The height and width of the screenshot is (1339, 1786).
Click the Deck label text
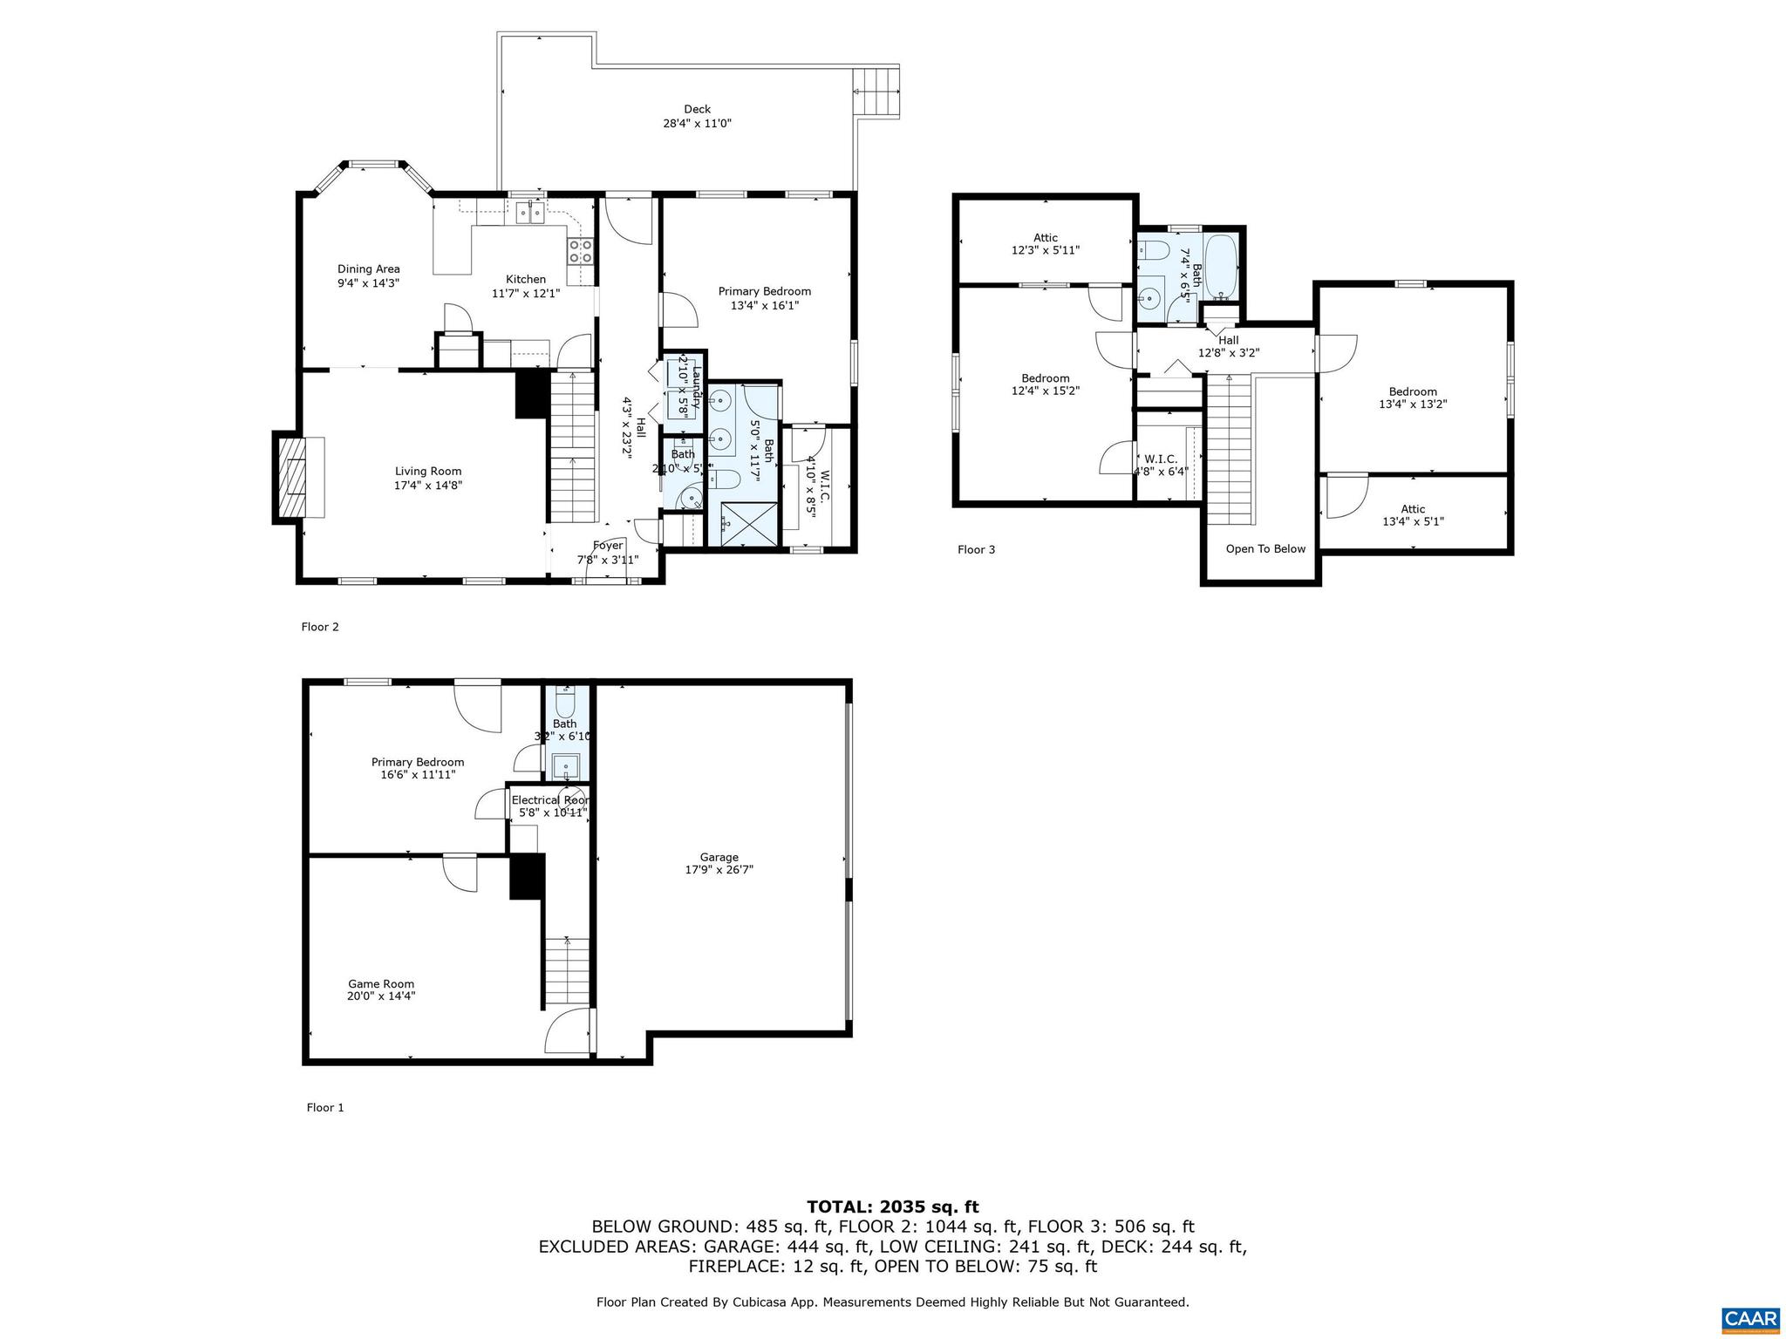(697, 109)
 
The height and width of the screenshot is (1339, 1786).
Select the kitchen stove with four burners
(581, 252)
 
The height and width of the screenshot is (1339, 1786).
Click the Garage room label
(719, 857)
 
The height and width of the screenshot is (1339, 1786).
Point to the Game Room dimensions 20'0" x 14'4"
(381, 996)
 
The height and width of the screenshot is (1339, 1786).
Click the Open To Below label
(1265, 548)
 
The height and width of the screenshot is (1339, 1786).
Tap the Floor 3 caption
(976, 549)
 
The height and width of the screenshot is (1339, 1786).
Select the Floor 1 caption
(325, 1107)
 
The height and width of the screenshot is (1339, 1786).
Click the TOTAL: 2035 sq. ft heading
(892, 1206)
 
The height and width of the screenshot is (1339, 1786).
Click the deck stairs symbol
(876, 92)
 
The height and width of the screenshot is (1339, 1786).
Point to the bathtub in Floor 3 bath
(1221, 266)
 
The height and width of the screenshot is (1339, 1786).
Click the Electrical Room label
(550, 800)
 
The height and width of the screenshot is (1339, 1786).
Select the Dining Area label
(368, 269)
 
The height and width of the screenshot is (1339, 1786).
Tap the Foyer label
(608, 546)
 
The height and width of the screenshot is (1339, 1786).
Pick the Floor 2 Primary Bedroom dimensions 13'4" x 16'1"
(764, 305)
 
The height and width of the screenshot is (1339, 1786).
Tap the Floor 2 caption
(320, 626)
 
